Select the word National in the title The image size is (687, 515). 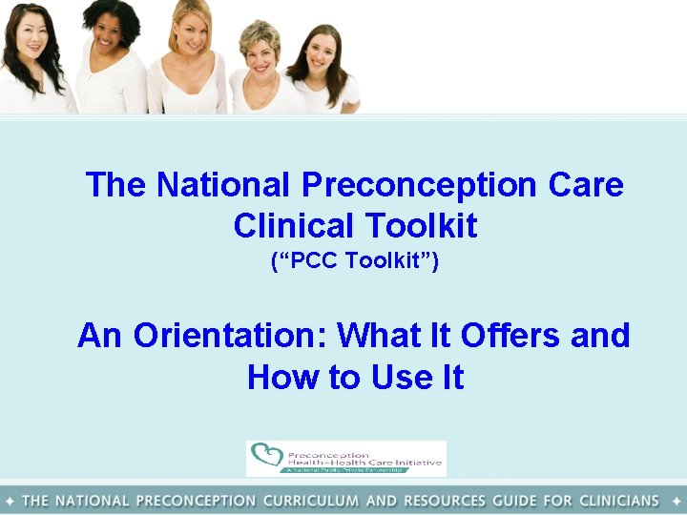(221, 184)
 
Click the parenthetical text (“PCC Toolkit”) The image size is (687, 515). (354, 260)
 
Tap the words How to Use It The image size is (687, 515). (355, 378)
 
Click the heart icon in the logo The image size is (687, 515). (266, 457)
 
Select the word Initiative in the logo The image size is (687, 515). (414, 463)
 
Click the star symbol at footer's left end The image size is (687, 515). (9, 501)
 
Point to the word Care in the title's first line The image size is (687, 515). (586, 184)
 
